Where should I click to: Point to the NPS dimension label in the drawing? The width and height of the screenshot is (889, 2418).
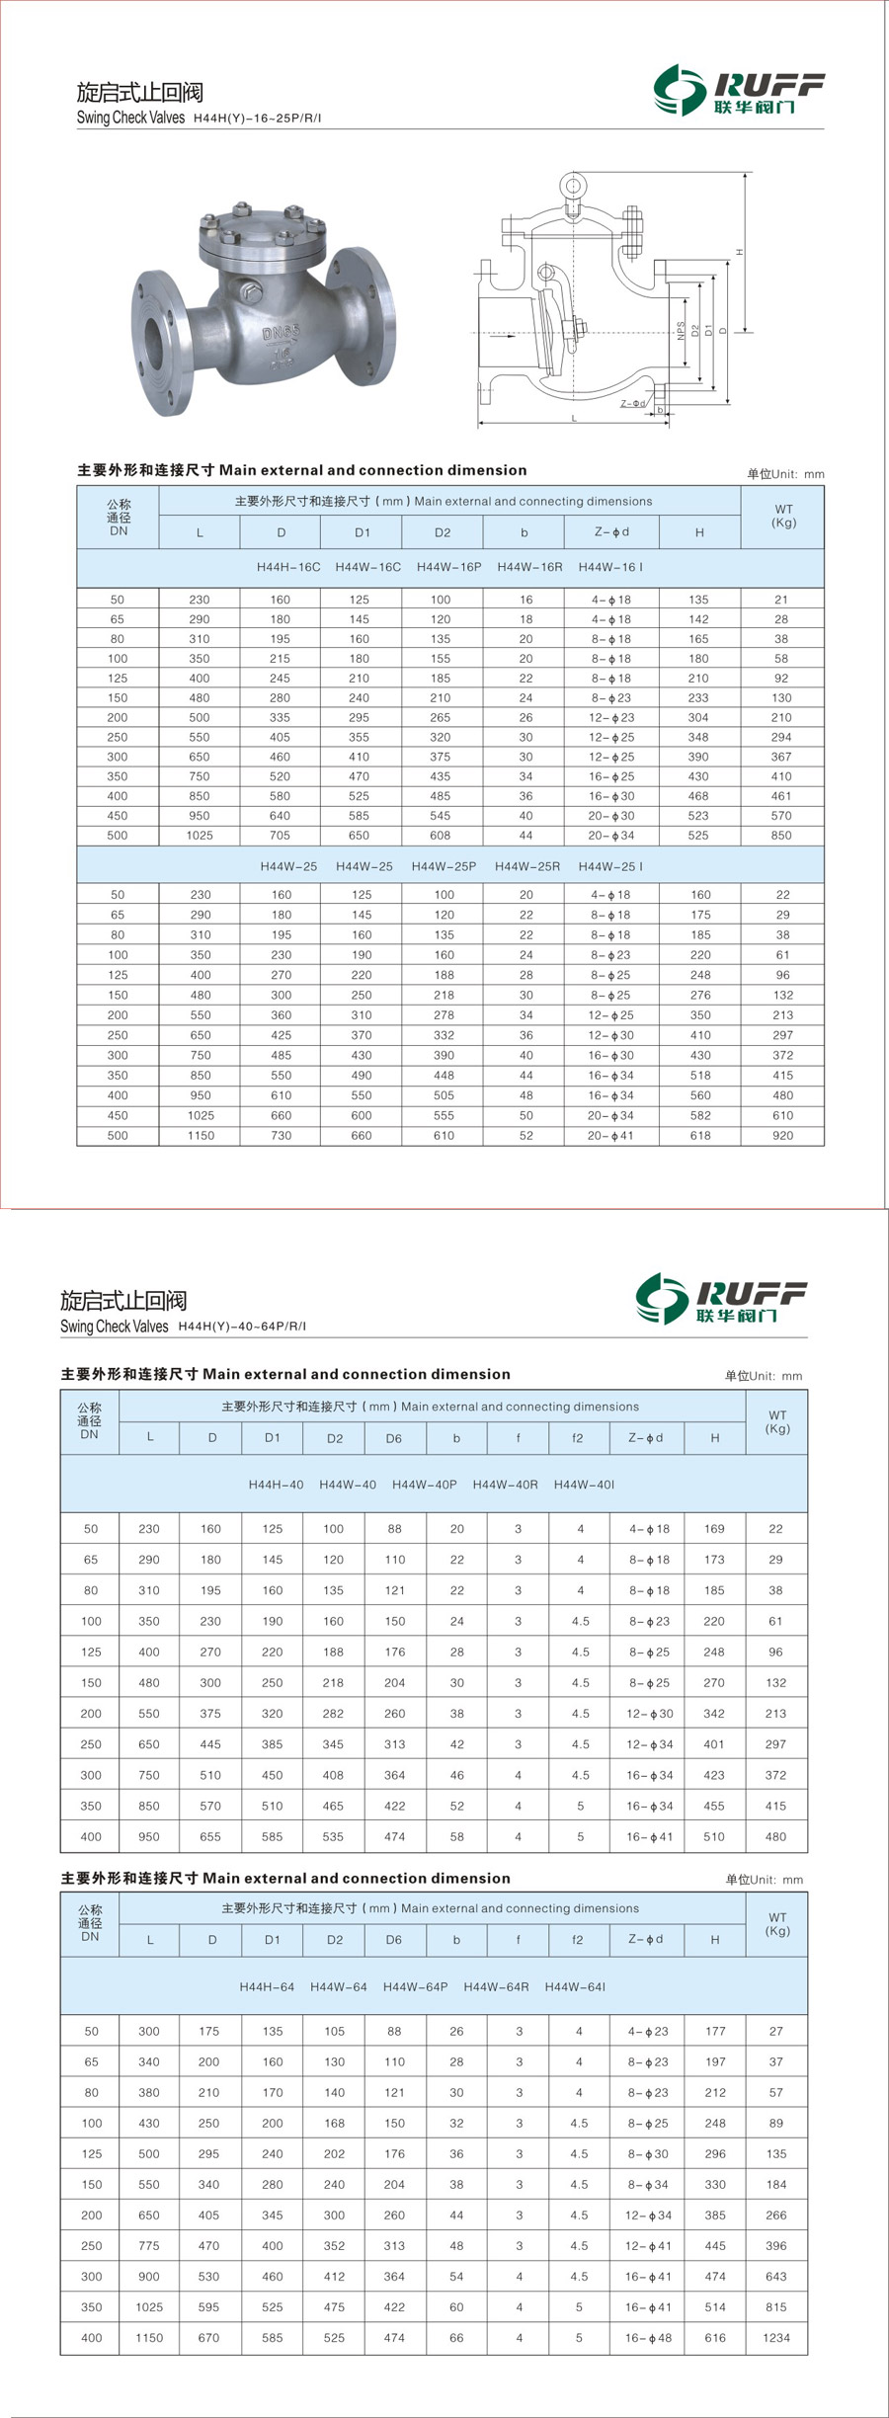coord(681,330)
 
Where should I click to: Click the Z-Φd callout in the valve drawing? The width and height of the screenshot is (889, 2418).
coord(633,403)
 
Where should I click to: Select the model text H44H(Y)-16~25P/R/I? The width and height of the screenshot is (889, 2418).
coord(257,119)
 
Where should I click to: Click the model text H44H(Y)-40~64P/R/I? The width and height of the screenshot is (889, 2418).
coord(242,1327)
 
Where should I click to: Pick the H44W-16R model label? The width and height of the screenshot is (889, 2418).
coord(529,567)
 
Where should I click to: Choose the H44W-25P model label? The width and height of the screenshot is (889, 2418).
coord(444,866)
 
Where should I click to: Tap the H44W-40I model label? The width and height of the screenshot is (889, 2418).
coord(584,1485)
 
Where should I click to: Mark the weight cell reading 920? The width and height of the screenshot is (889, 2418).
coord(782,1136)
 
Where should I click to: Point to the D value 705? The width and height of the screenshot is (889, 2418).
coord(281,836)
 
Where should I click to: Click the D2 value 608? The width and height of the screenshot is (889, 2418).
coord(441,836)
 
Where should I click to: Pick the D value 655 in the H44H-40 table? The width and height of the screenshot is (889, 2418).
coord(210,1837)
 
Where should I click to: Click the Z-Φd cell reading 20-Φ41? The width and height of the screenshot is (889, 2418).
coord(610,1136)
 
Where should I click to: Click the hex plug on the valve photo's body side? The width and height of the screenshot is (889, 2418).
coord(250,293)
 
